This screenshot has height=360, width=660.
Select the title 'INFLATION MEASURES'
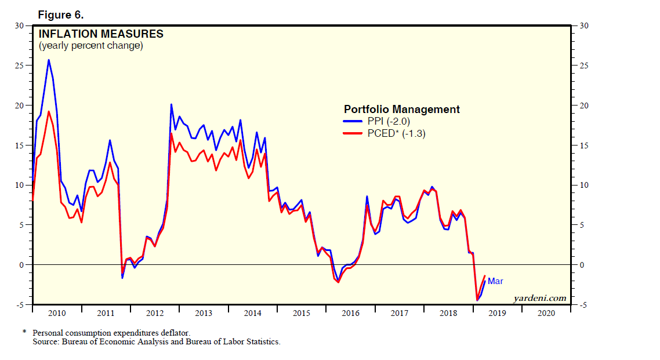pos(101,34)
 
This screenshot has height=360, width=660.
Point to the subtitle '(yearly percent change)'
pos(90,46)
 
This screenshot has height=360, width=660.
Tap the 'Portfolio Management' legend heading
pos(401,109)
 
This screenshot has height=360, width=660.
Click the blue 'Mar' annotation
pos(495,281)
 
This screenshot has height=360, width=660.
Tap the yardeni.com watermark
pos(540,298)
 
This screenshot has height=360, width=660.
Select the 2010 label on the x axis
pos(57,313)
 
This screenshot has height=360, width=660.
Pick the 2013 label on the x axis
pos(204,313)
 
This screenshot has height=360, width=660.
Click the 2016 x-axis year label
pos(350,313)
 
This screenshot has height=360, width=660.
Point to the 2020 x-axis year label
pos(546,313)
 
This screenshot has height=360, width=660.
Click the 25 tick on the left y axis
pos(20,66)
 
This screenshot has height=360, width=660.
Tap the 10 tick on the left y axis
pos(20,185)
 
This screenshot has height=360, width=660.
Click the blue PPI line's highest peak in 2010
pos(48,60)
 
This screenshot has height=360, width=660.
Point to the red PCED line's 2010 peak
pos(48,111)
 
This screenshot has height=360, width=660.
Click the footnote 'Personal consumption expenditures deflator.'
pos(111,333)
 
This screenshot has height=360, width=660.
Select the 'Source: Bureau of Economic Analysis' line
pos(156,342)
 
